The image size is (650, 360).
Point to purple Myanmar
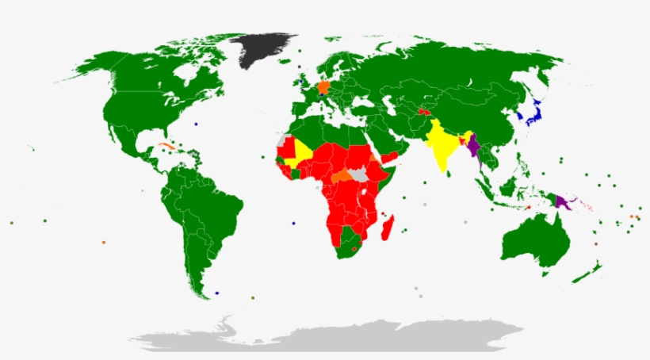pos(474,147)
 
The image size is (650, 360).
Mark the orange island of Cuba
pos(167,146)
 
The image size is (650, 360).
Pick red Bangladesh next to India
pos(462,140)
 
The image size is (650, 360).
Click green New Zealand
pos(588,274)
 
